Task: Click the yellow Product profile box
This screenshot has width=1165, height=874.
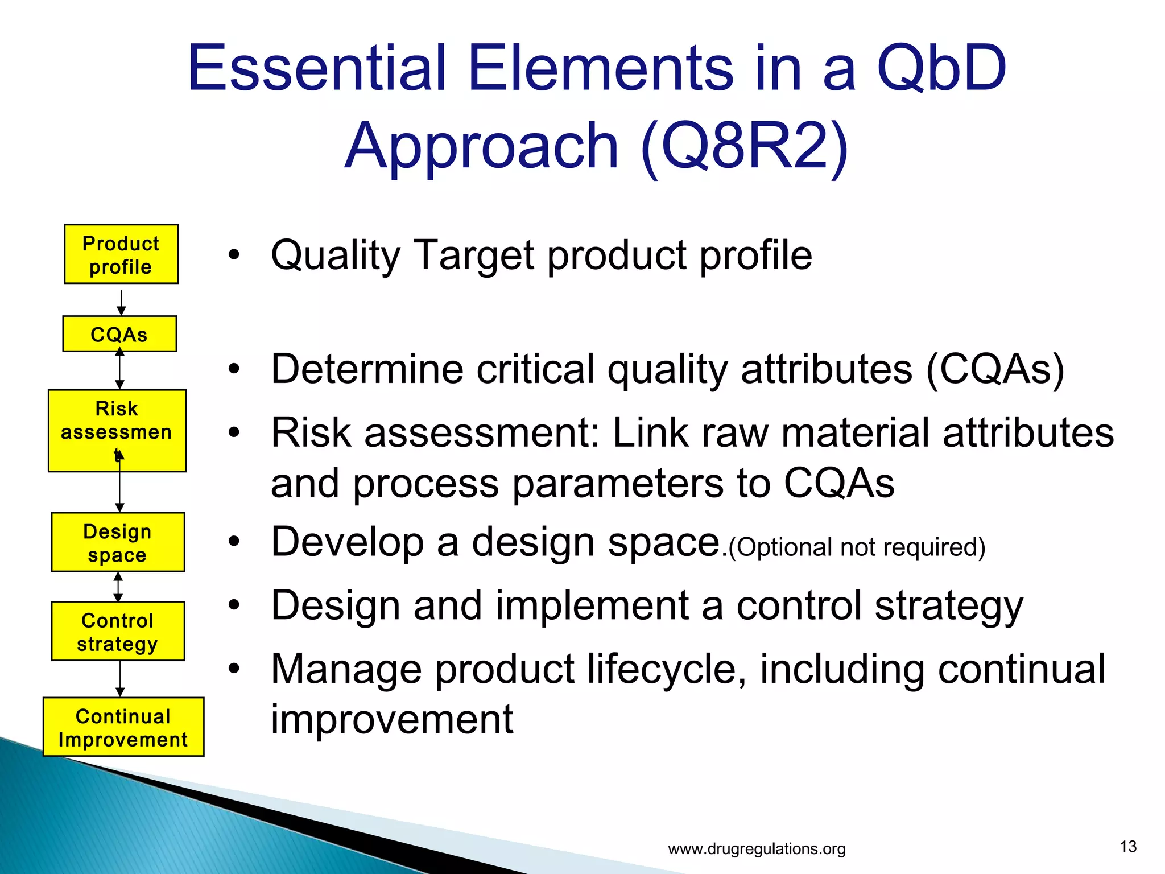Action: tap(121, 254)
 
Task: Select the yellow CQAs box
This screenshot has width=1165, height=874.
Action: tap(119, 334)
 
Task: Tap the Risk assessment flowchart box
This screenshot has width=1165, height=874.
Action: tap(117, 430)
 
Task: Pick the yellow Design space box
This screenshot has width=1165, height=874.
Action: tap(118, 542)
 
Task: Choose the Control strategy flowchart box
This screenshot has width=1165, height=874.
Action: tap(118, 631)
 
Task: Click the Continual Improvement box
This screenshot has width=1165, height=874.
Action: tap(123, 727)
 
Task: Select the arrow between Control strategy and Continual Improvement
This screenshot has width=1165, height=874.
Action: tap(119, 679)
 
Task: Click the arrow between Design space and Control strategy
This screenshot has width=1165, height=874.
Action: tap(118, 587)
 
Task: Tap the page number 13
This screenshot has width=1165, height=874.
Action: tap(1127, 847)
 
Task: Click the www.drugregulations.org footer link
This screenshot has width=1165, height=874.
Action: tap(757, 849)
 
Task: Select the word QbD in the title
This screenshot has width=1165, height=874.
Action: tap(941, 69)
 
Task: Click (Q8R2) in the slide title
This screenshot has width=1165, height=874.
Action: tap(744, 147)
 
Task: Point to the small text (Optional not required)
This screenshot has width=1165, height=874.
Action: tap(857, 547)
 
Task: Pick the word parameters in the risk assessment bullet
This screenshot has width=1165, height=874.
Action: tap(619, 484)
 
